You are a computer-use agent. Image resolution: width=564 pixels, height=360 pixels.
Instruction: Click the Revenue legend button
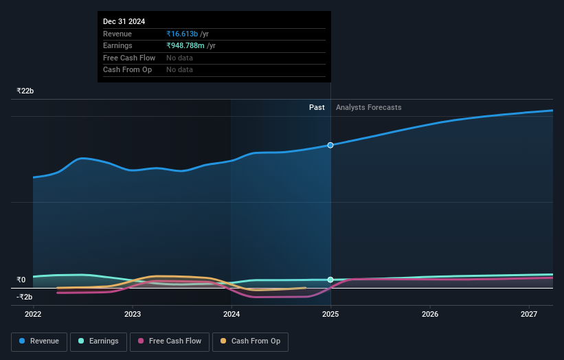pos(39,341)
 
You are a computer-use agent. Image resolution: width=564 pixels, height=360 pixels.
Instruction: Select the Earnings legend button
pos(98,341)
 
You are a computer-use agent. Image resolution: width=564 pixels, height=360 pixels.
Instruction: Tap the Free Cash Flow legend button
pos(170,341)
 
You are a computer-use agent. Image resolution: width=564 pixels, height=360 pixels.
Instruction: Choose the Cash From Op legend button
pos(250,341)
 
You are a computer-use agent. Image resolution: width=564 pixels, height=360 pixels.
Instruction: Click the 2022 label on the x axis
pos(33,314)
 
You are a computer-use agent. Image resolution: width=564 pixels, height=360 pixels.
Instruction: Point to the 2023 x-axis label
pos(133,314)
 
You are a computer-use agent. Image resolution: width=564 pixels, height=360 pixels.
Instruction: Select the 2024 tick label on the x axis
pos(232,314)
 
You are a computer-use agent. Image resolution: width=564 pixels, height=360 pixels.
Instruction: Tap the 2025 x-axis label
pos(330,314)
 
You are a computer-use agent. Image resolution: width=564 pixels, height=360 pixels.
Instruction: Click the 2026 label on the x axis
pos(430,314)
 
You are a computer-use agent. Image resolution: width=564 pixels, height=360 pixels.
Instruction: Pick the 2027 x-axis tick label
pos(529,314)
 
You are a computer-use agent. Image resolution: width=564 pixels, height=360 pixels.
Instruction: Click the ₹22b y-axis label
pos(25,91)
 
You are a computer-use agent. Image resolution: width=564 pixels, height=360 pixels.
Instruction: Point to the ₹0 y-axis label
pos(21,280)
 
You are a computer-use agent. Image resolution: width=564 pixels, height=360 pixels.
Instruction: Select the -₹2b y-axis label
pos(24,297)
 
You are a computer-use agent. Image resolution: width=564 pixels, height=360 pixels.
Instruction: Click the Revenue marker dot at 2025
pos(330,145)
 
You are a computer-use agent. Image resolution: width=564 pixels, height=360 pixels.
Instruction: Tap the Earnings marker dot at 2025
pos(330,280)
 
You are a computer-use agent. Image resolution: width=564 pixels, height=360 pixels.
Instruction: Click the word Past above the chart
pos(317,107)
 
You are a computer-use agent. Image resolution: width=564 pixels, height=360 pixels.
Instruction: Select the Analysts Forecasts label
pos(368,107)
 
